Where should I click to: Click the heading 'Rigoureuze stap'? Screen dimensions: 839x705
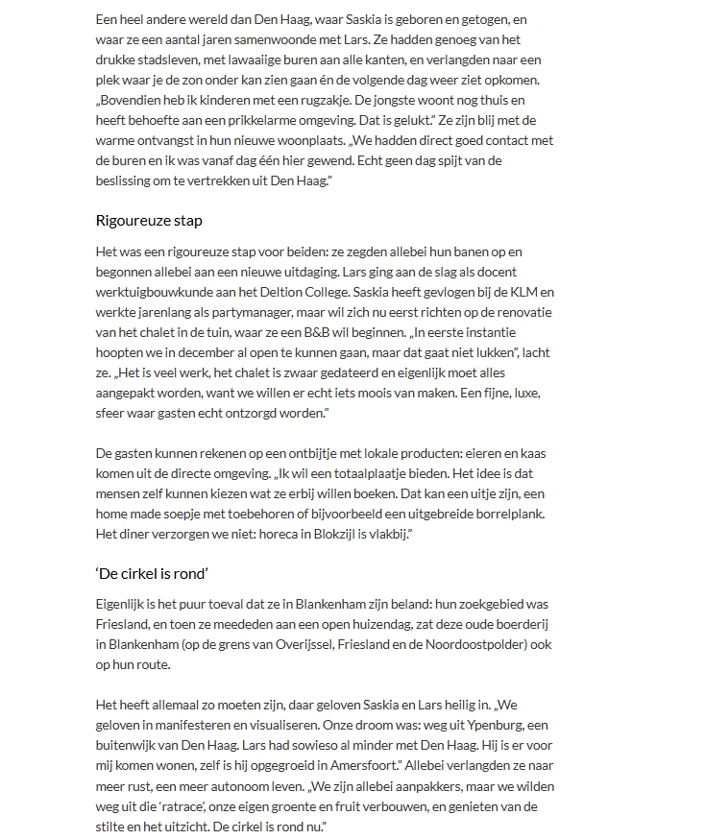tap(149, 220)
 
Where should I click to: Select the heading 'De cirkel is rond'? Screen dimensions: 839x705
tap(153, 573)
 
